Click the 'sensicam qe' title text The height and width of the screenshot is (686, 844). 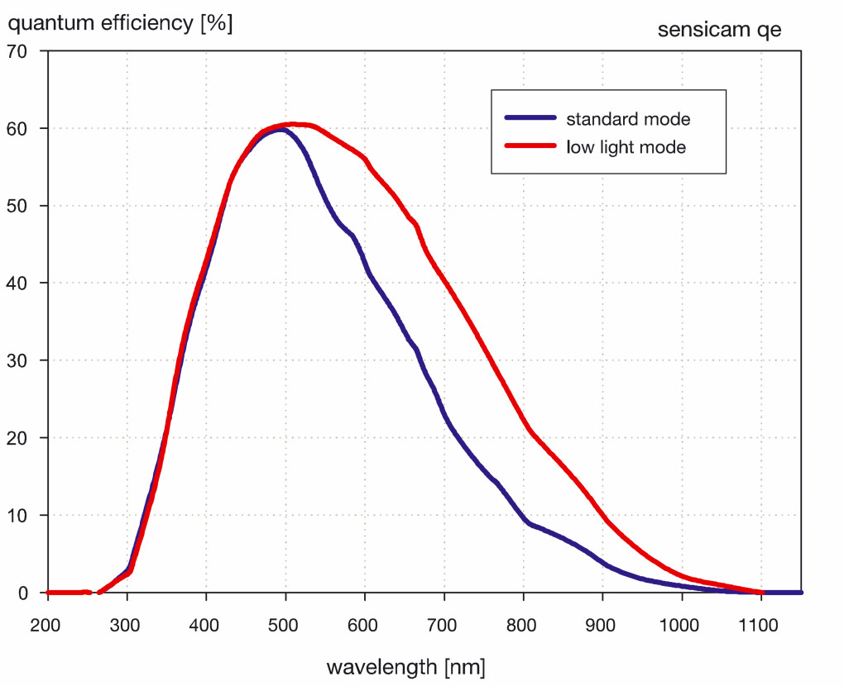719,31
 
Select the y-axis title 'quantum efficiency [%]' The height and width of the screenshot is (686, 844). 120,23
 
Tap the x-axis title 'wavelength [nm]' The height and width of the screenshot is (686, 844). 405,666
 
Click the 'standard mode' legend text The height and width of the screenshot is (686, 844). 627,119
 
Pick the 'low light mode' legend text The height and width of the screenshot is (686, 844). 626,148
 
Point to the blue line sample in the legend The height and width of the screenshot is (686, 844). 530,119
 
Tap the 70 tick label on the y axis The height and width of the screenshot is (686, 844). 18,51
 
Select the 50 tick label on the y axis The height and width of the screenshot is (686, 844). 18,206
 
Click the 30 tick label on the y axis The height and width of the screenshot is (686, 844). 18,360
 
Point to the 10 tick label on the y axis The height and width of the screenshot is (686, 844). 18,515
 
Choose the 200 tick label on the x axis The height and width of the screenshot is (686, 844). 47,625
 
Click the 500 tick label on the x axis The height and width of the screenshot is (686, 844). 285,625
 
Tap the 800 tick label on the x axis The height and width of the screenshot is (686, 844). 523,625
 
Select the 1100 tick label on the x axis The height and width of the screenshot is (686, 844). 761,625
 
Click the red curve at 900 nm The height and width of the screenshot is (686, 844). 603,519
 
